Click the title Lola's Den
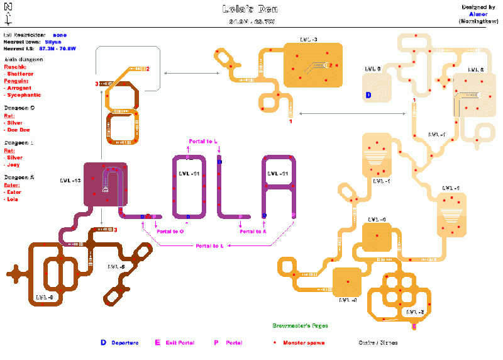[x=250, y=9]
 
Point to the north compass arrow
[x=8, y=10]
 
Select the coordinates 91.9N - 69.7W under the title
[x=250, y=22]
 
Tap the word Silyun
[x=53, y=42]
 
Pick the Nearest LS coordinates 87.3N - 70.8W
[x=58, y=48]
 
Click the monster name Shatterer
[x=20, y=74]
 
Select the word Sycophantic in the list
[x=24, y=95]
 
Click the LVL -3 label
[x=309, y=39]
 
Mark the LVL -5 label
[x=414, y=312]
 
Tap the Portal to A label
[x=253, y=231]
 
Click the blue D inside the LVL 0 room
[x=368, y=95]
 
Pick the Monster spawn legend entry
[x=296, y=343]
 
